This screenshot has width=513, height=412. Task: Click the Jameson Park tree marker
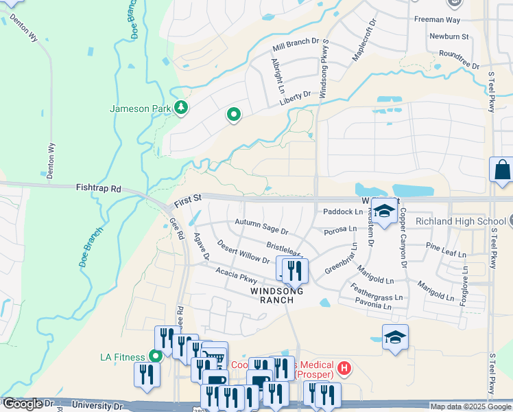coord(181,108)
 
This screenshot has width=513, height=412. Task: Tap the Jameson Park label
coord(141,108)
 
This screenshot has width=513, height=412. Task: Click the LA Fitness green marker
coord(156,356)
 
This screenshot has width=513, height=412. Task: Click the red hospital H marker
coord(344,369)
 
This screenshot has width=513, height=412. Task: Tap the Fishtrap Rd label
coord(98,187)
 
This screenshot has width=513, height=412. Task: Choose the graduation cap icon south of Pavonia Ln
coord(395,336)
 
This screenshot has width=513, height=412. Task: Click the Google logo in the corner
coord(23,404)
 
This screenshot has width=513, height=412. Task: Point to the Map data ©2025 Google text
coord(470,407)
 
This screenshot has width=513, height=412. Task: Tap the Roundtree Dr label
coord(459,53)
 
